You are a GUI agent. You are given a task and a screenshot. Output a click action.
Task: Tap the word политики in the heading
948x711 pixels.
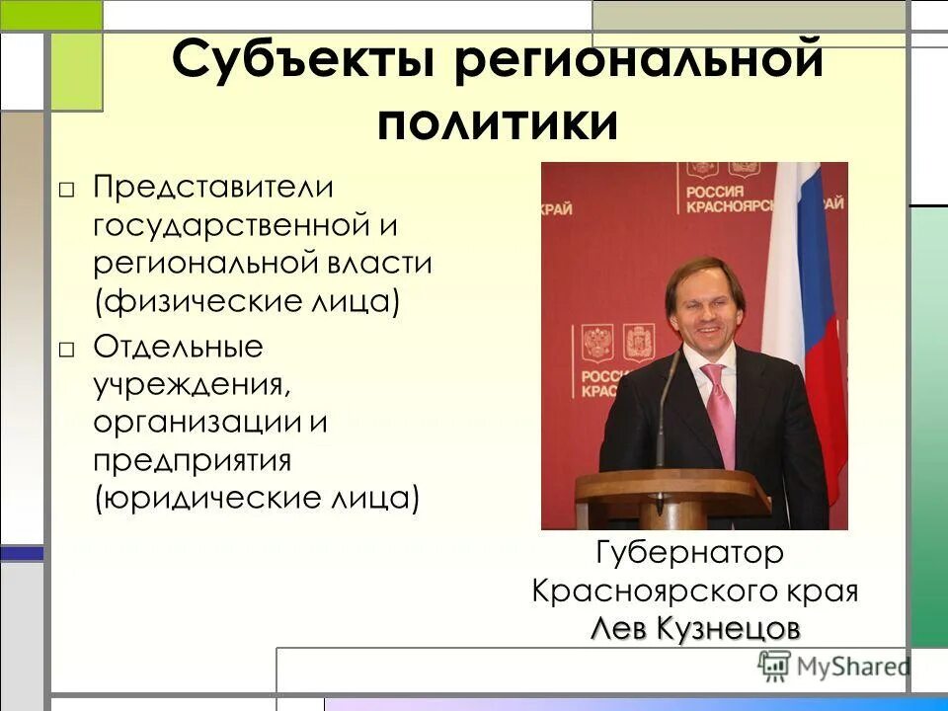(499, 123)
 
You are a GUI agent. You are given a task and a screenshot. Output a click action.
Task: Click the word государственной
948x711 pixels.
(232, 225)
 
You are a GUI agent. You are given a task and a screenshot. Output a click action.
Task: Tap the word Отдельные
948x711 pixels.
(178, 348)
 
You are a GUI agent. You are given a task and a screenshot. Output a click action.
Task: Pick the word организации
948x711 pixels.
(197, 423)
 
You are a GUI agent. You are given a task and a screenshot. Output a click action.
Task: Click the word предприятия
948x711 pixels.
(193, 460)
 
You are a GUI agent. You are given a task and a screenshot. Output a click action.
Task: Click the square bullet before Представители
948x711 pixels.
(66, 189)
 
